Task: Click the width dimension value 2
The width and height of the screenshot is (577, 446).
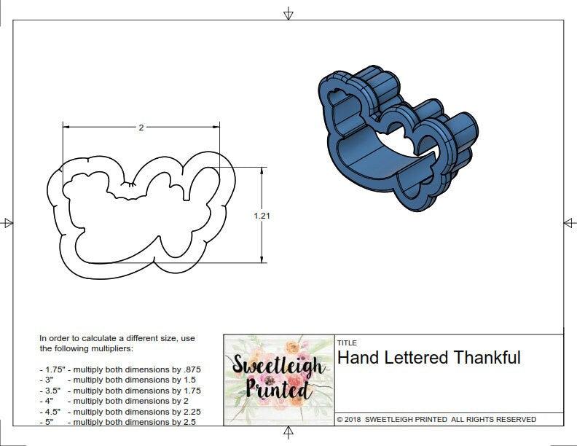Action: tap(141, 128)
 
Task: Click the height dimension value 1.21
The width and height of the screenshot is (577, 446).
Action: tap(262, 216)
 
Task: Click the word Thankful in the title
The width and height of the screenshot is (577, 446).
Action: tap(487, 358)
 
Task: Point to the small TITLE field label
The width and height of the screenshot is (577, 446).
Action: tap(346, 343)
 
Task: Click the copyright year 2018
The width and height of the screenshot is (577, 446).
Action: tap(353, 420)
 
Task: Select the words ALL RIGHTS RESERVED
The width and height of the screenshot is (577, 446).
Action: tap(494, 420)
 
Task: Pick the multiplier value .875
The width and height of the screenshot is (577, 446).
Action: tap(190, 369)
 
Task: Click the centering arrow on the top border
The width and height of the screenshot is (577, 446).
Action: tap(288, 14)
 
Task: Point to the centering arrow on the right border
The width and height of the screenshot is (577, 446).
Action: tap(569, 223)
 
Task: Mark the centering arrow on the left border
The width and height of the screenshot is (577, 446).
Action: tap(7, 223)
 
